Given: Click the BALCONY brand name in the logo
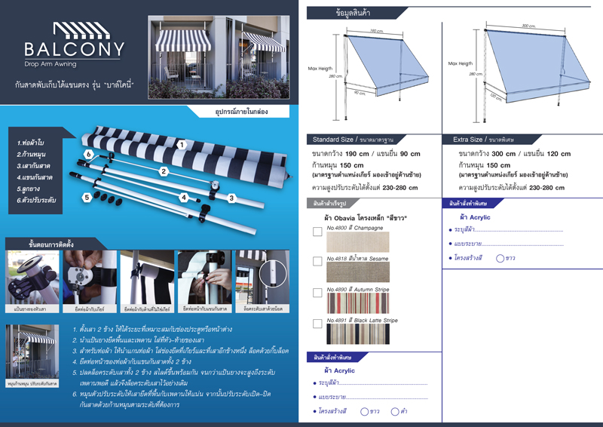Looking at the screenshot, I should pyautogui.click(x=74, y=51).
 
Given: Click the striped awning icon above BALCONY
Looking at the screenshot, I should pyautogui.click(x=74, y=31).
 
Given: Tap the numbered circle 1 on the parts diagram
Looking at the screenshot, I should pyautogui.click(x=182, y=143).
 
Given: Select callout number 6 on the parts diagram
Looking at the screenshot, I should pyautogui.click(x=88, y=153).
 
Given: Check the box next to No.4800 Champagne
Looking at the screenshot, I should pyautogui.click(x=317, y=232).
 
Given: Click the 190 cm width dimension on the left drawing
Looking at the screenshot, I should pyautogui.click(x=375, y=31).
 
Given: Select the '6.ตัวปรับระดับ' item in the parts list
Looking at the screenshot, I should pyautogui.click(x=38, y=201).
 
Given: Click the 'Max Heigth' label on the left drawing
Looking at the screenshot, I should pyautogui.click(x=320, y=69).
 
